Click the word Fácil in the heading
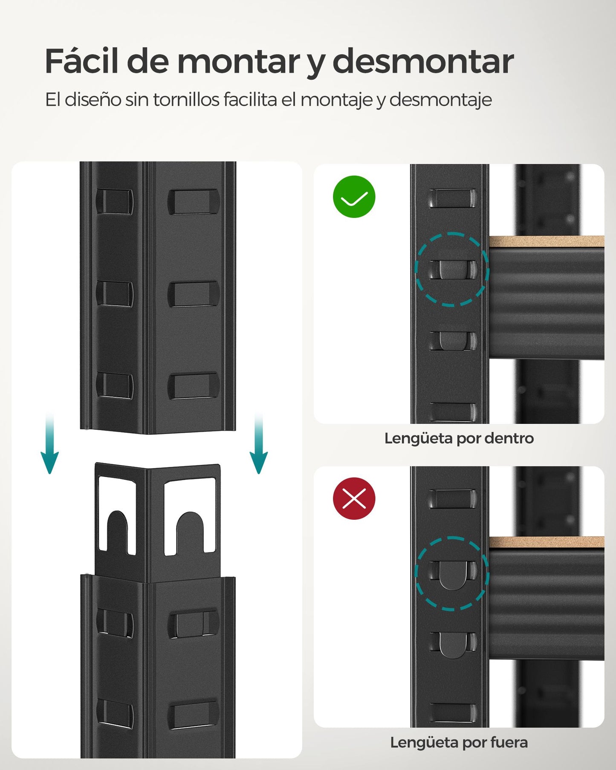pos(81,62)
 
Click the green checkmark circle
pos(354,197)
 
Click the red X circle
pos(354,498)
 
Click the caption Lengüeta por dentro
pos(459,438)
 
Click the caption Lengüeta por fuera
pos(459,742)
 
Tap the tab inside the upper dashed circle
pos(452,269)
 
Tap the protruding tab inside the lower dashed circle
pos(452,576)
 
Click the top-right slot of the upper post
pos(194,202)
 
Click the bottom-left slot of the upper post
pos(114,385)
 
